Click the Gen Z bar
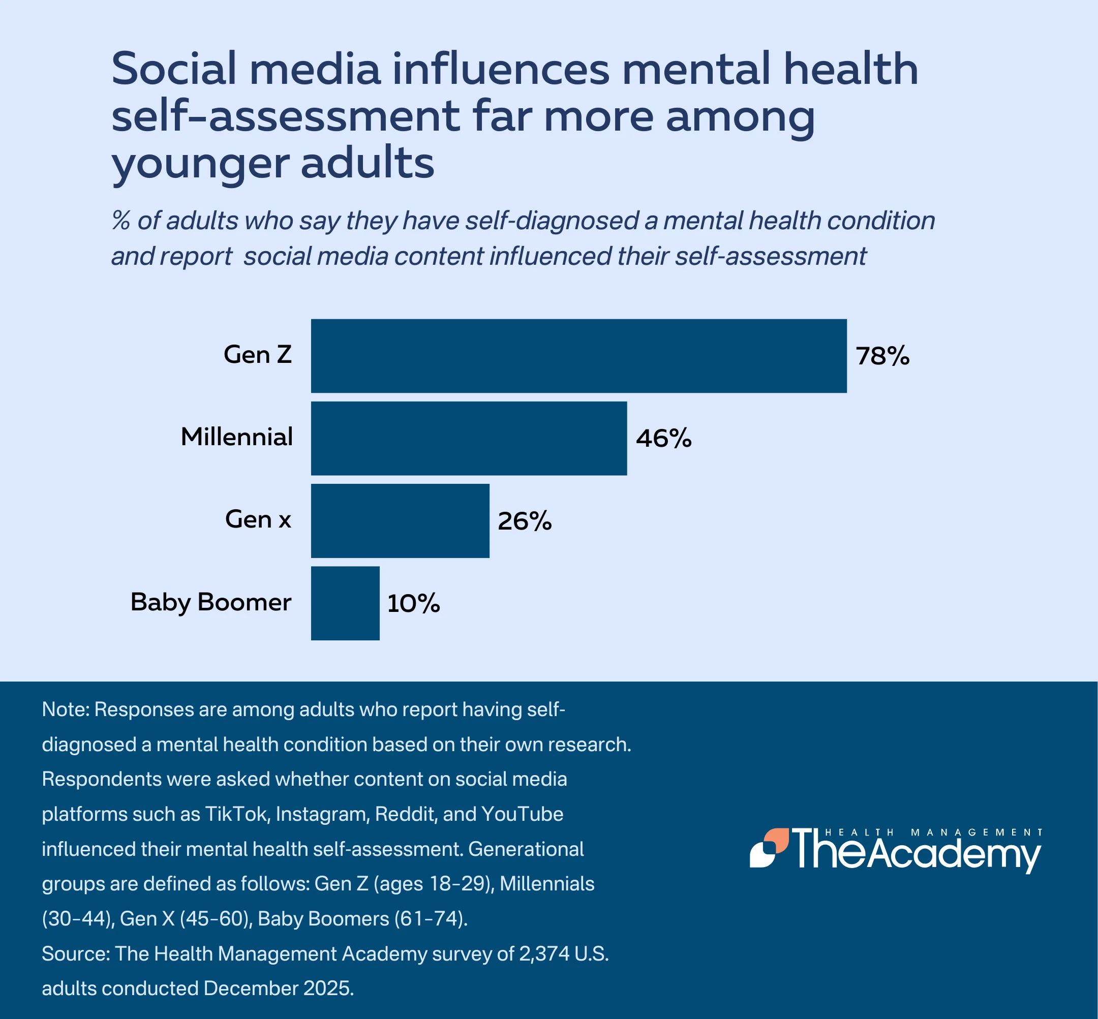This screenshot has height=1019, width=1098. pyautogui.click(x=578, y=356)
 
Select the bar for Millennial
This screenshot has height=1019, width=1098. pyautogui.click(x=469, y=439)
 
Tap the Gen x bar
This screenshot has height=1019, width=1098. pyautogui.click(x=400, y=520)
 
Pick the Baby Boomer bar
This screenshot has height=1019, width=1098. pyautogui.click(x=345, y=603)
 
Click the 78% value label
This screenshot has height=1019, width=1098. pyautogui.click(x=882, y=356)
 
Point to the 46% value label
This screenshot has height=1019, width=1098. pyautogui.click(x=663, y=439)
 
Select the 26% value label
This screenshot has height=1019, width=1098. pyautogui.click(x=525, y=521)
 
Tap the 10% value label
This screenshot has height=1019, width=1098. pyautogui.click(x=414, y=604)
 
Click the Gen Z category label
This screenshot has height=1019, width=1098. pyautogui.click(x=258, y=355)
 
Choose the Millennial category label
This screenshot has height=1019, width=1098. pyautogui.click(x=236, y=437)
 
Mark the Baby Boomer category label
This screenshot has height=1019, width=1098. pyautogui.click(x=210, y=602)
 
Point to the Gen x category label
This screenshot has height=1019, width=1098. pyautogui.click(x=258, y=519)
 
